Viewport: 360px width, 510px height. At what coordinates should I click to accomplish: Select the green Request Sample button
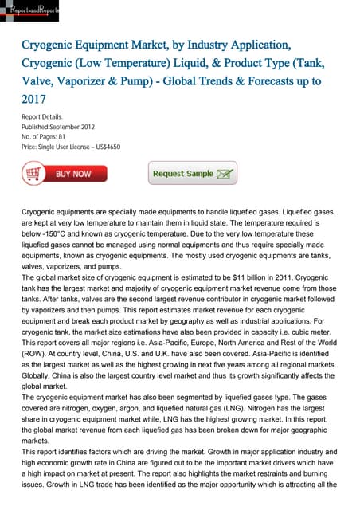click(194, 173)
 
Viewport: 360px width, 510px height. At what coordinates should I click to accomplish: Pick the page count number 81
click(69, 136)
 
